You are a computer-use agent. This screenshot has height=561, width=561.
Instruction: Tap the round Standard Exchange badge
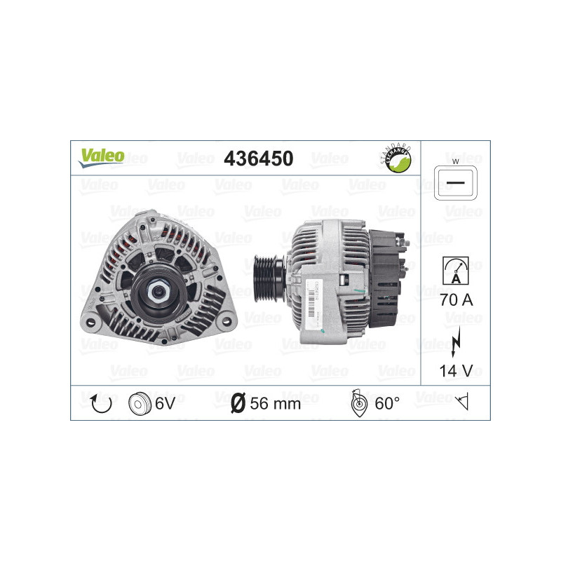click(394, 158)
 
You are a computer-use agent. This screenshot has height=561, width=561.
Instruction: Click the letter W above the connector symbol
click(455, 162)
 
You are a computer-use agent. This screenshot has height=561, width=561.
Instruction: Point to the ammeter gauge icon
click(455, 269)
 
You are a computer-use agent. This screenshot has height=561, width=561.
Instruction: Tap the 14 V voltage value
click(455, 370)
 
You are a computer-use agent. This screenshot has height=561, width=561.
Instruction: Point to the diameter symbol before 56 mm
click(238, 403)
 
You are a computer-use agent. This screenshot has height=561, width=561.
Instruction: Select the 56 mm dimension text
click(276, 403)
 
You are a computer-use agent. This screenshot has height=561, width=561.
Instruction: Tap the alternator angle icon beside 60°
click(358, 403)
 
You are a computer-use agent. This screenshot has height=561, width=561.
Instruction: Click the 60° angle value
click(387, 403)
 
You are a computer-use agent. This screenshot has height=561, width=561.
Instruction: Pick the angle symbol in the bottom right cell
click(462, 403)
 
